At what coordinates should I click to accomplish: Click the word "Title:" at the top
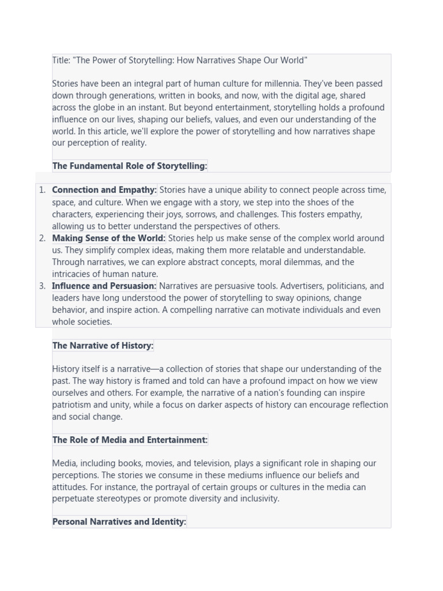pyautogui.click(x=61, y=61)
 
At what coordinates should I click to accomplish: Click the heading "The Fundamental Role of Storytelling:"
pyautogui.click(x=130, y=166)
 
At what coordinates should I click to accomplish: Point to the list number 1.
pyautogui.click(x=42, y=190)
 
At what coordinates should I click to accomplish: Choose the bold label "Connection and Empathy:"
pyautogui.click(x=104, y=190)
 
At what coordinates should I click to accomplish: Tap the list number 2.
pyautogui.click(x=42, y=238)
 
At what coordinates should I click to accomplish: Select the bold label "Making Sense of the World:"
pyautogui.click(x=108, y=238)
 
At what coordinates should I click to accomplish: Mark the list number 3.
pyautogui.click(x=42, y=286)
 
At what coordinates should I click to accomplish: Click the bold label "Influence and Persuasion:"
pyautogui.click(x=104, y=286)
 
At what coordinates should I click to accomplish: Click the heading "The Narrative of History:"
pyautogui.click(x=103, y=346)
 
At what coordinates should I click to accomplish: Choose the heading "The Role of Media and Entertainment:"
pyautogui.click(x=130, y=440)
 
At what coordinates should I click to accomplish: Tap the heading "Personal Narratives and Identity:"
pyautogui.click(x=119, y=522)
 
